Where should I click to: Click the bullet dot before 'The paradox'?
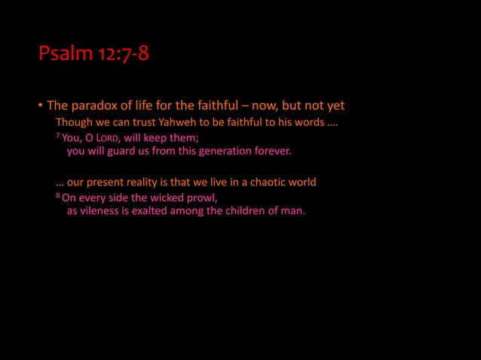coord(41,106)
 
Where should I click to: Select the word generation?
coord(226,151)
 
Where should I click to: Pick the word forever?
coord(272,151)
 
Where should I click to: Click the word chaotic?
coord(260,182)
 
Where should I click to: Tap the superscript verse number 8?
coord(58,195)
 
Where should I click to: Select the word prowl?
coord(200,198)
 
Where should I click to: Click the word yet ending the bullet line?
coord(334,105)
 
